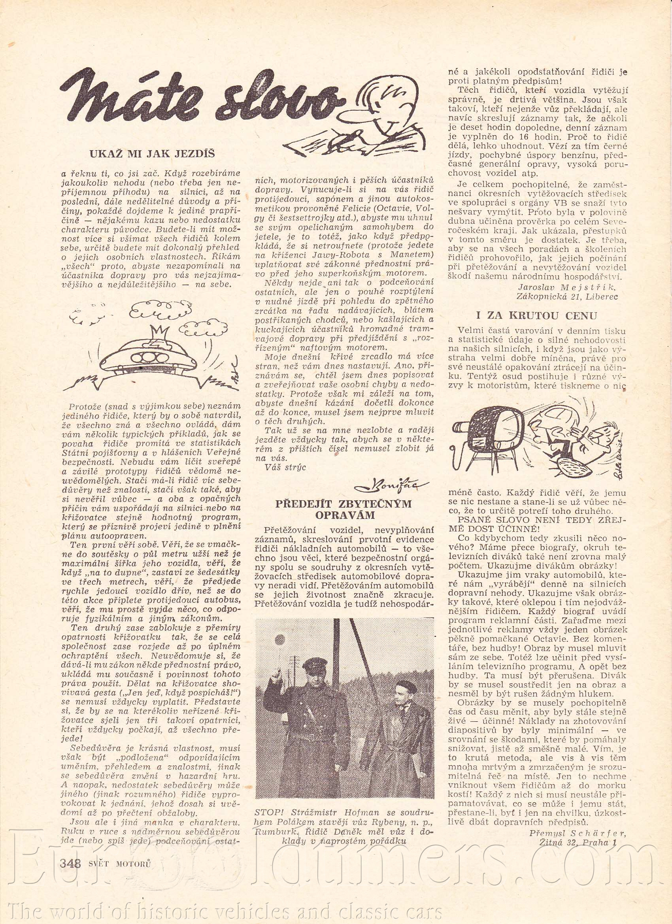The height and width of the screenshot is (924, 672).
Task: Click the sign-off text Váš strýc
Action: pyautogui.click(x=285, y=467)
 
